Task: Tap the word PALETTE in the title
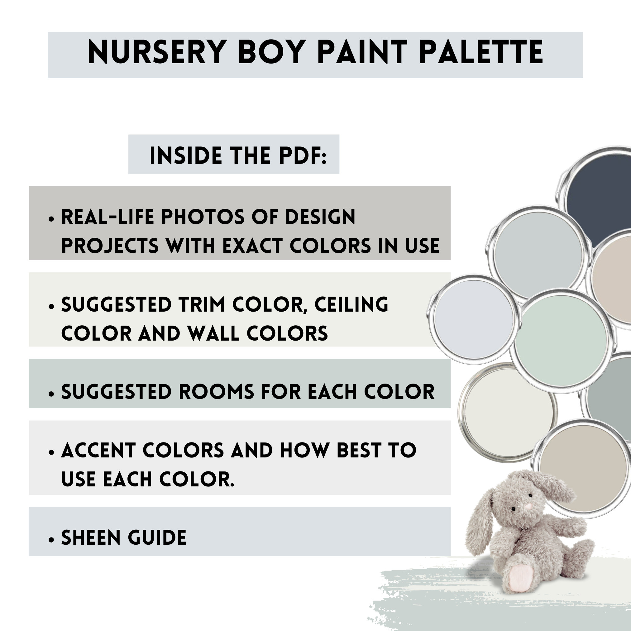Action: (x=481, y=53)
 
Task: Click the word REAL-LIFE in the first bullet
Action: (x=108, y=217)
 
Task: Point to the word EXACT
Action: (x=252, y=246)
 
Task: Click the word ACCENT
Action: (x=98, y=450)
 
